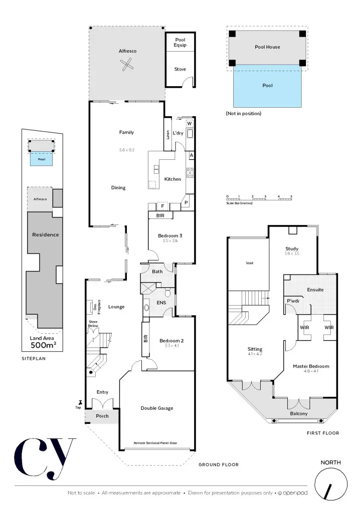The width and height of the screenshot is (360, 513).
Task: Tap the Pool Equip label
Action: [180, 43]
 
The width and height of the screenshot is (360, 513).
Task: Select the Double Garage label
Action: [157, 408]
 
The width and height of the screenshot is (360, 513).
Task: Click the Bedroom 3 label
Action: [170, 235]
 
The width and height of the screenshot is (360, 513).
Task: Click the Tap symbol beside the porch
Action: [79, 402]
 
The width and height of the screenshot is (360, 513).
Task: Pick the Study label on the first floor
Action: [292, 248]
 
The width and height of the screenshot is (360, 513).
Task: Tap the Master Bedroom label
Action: [311, 366]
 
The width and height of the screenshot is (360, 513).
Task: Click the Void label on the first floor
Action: [249, 263]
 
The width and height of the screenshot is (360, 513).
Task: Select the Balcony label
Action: [299, 413]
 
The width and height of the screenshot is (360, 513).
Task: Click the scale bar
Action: [259, 199]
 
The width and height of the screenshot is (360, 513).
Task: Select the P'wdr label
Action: [293, 301]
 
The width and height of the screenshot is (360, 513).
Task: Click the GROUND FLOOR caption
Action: [218, 464]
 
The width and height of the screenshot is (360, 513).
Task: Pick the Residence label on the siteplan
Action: [45, 234]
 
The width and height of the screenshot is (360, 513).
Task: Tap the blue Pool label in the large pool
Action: [268, 86]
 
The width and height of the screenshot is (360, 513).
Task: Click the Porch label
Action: [102, 416]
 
